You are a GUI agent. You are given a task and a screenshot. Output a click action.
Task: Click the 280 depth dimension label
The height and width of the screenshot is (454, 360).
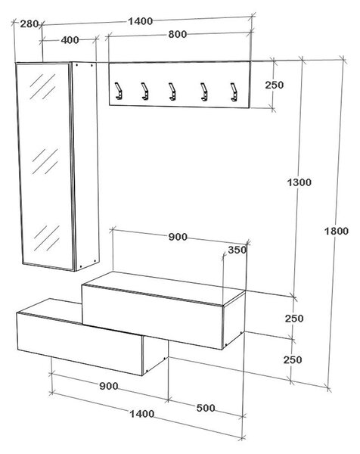coord(29,23)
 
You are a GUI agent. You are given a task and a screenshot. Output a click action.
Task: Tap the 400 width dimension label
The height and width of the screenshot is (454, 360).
coord(70,40)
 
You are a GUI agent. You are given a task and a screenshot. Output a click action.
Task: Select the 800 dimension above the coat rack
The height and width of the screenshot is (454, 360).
coord(178,34)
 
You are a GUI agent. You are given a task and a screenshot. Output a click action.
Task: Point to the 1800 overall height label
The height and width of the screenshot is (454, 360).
coord(337,231)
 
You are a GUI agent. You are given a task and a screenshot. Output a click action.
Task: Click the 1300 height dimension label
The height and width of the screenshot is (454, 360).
coord(299,182)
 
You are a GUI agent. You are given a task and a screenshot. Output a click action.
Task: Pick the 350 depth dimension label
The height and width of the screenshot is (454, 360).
coord(237,250)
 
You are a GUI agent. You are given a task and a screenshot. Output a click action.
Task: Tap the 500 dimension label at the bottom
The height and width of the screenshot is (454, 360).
coord(206,408)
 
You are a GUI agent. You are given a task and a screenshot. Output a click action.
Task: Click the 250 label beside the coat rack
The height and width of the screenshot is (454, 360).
coord(275,85)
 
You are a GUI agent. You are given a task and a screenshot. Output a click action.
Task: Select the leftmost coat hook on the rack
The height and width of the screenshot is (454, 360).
coord(118,91)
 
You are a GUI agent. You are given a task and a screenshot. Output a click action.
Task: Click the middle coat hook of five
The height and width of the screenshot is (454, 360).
coord(172,92)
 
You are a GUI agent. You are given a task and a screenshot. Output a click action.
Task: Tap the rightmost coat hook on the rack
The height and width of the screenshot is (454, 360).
coord(234,92)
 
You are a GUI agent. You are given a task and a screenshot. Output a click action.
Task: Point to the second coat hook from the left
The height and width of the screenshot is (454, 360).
coord(145,91)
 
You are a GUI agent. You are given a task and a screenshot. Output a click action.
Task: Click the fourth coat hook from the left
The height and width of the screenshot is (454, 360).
coord(203,92)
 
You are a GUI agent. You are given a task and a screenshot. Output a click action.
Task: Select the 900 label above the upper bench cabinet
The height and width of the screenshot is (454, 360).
coord(178,237)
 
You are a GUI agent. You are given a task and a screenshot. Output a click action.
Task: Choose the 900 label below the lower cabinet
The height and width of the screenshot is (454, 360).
coord(109,386)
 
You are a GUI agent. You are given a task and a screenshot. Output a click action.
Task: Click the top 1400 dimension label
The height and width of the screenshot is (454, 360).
coord(141,21)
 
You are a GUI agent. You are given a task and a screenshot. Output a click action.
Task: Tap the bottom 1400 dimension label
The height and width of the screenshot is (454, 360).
coord(141,414)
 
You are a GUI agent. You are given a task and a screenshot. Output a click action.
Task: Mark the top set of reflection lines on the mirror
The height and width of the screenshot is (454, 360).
coord(43,86)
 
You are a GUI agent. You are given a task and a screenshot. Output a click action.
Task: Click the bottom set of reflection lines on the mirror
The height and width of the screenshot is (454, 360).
coord(47,238)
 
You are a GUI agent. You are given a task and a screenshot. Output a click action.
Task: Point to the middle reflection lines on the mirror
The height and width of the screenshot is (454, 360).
coord(45,162)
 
